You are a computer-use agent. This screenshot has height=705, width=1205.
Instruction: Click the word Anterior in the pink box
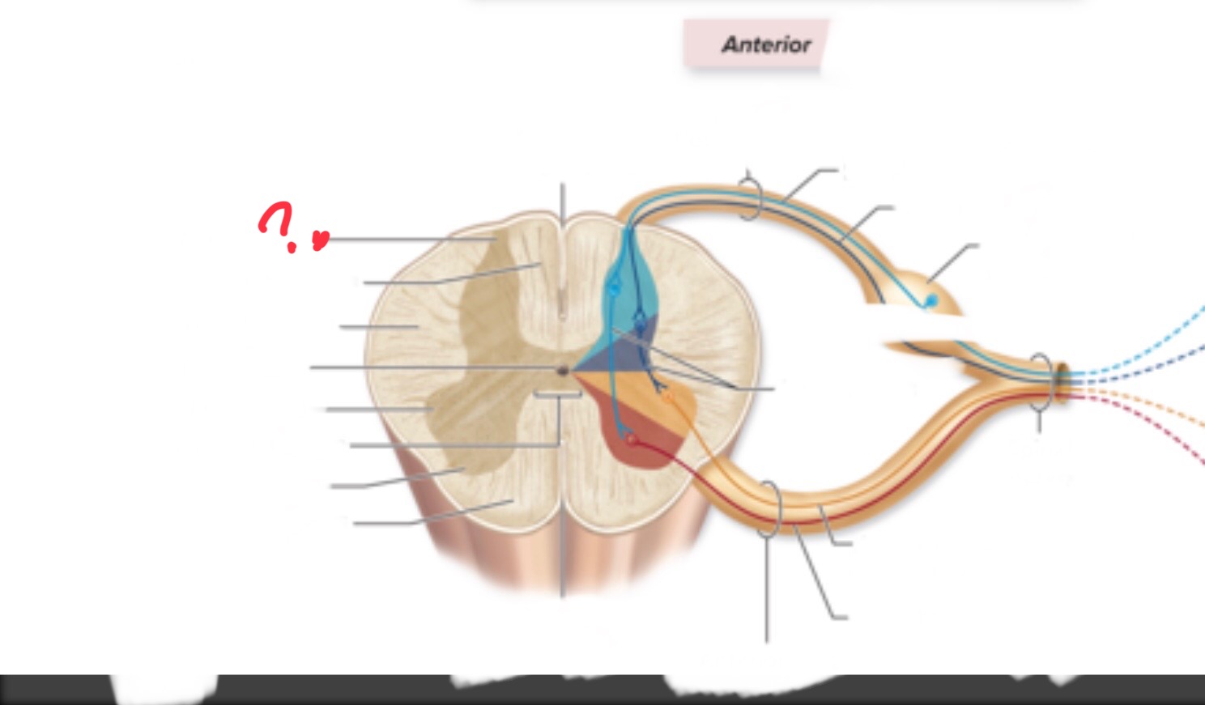pyautogui.click(x=766, y=45)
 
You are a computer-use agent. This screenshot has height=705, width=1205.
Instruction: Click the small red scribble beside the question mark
pyautogui.click(x=321, y=240)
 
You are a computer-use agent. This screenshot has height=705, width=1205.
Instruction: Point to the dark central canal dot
pyautogui.click(x=563, y=371)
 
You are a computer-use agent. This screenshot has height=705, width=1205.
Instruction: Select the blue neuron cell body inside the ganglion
pyautogui.click(x=931, y=300)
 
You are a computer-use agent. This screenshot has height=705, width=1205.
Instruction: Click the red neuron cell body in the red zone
pyautogui.click(x=632, y=440)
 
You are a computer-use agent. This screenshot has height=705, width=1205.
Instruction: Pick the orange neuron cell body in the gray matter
pyautogui.click(x=667, y=397)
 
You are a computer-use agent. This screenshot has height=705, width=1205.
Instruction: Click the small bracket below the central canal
pyautogui.click(x=558, y=395)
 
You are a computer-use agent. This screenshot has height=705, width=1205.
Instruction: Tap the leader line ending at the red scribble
pyautogui.click(x=411, y=239)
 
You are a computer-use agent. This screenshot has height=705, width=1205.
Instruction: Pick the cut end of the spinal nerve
pyautogui.click(x=1062, y=382)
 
